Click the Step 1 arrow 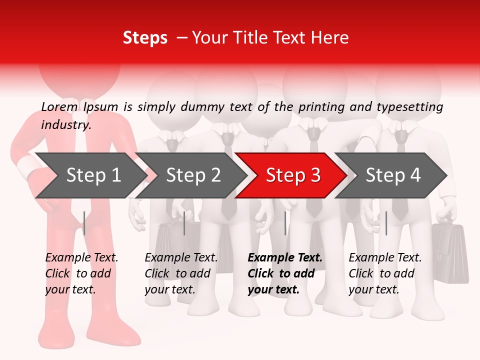[90, 175]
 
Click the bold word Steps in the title [145, 38]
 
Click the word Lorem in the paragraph [59, 106]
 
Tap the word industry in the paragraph [65, 125]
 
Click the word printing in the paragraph [319, 107]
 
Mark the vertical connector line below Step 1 [84, 223]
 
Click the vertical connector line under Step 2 [184, 223]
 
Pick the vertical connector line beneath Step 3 [285, 223]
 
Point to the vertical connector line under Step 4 [386, 223]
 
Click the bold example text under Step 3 [285, 273]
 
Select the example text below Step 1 [81, 273]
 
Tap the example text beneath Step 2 [181, 273]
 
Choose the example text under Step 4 [385, 273]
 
